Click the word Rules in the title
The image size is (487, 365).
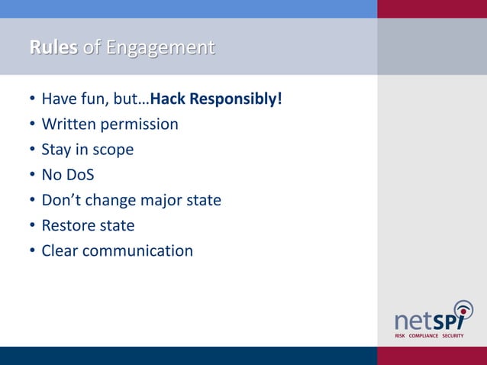(53, 48)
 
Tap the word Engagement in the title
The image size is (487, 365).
(160, 48)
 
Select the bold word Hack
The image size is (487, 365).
(169, 99)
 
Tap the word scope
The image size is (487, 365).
(113, 150)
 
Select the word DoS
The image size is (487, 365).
(79, 174)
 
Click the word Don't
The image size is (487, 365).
(61, 200)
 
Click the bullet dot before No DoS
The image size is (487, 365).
(31, 175)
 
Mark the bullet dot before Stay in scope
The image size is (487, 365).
(31, 150)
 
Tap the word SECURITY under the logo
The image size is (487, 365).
(453, 335)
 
